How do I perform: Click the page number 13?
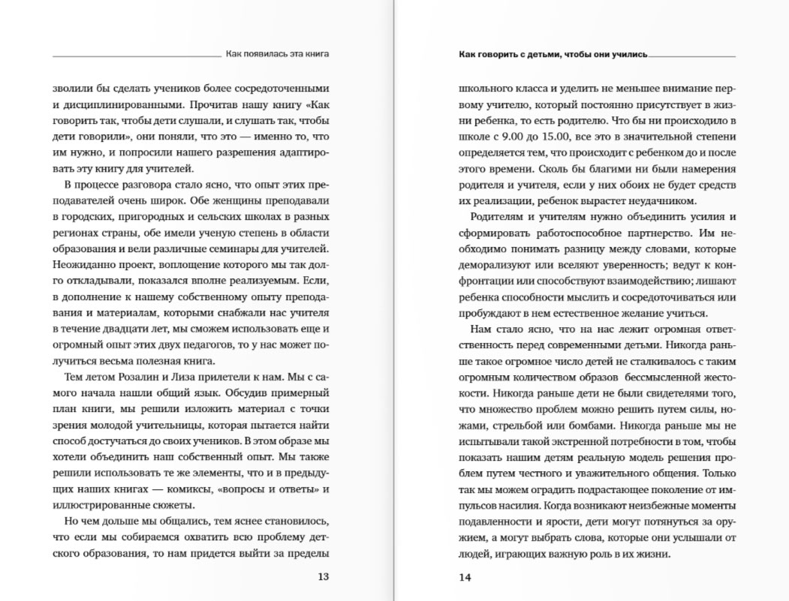pos(323,577)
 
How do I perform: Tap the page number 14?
pos(466,577)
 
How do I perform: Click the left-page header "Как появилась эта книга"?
pos(278,54)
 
